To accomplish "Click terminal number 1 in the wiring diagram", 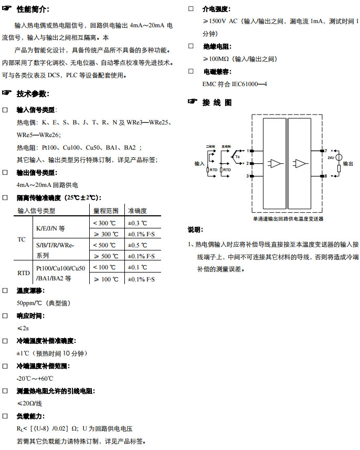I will click(x=247, y=151).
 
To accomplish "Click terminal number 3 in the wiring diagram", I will click(x=247, y=176).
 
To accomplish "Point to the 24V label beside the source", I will click(x=331, y=158).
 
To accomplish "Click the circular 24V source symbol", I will click(x=338, y=158).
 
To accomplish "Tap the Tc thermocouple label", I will click(x=237, y=156).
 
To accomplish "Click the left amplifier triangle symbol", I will click(x=274, y=163).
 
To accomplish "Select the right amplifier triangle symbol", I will click(x=300, y=163).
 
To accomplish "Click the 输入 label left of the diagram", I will click(x=199, y=164).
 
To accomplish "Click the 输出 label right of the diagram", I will click(x=348, y=164).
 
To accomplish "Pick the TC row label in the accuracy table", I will click(x=22, y=239).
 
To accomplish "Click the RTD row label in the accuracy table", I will click(x=24, y=273).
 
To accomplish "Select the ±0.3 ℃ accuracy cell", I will click(x=137, y=223).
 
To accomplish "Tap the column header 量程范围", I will click(x=105, y=211).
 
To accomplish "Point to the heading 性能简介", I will click(x=33, y=9).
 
